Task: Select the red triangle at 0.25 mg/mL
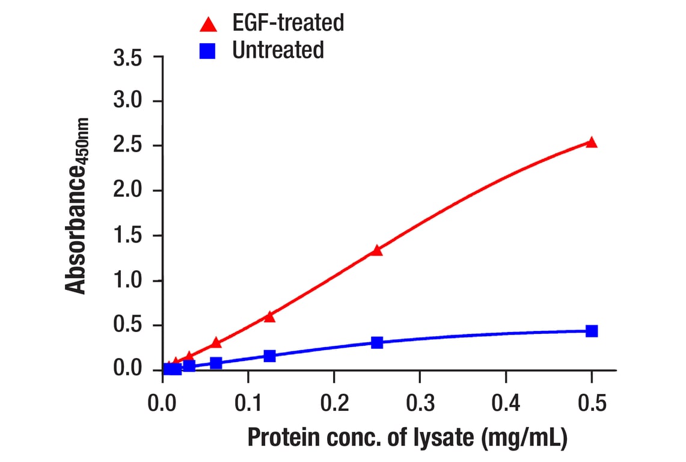[x=377, y=250]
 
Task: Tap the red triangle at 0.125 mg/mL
[x=269, y=316]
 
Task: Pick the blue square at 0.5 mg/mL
[x=592, y=331]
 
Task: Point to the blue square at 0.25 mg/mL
[x=377, y=342]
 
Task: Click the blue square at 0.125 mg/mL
[x=269, y=356]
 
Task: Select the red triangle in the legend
[x=208, y=25]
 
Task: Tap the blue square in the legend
[x=208, y=51]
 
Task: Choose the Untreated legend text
[x=278, y=50]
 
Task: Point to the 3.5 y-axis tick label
[x=127, y=59]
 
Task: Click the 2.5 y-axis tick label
[x=127, y=146]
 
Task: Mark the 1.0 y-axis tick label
[x=127, y=281]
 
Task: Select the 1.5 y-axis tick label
[x=127, y=236]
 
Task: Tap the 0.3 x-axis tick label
[x=420, y=403]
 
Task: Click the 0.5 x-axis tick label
[x=592, y=403]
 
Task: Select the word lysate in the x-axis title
[x=443, y=437]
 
